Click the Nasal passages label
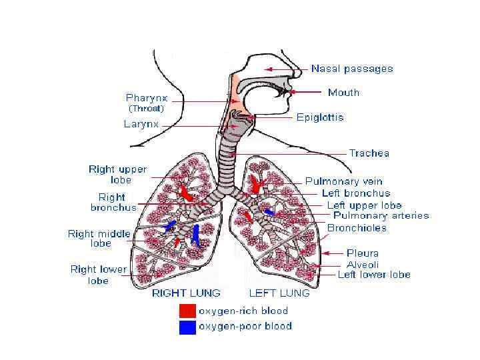[x=352, y=69]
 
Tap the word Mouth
[x=343, y=93]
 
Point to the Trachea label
[x=369, y=153]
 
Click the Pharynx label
[x=147, y=97]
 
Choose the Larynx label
[x=141, y=124]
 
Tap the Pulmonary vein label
[x=344, y=181]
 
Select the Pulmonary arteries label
[x=381, y=215]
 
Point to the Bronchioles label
[x=357, y=228]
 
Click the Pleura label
[x=363, y=253]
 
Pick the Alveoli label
[x=363, y=264]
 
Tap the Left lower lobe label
[x=373, y=275]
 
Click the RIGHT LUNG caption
[x=187, y=293]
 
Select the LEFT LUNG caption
[x=279, y=293]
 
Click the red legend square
[x=187, y=311]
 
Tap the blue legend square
[x=187, y=327]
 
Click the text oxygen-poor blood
[x=245, y=327]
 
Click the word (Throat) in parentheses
[x=146, y=109]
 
